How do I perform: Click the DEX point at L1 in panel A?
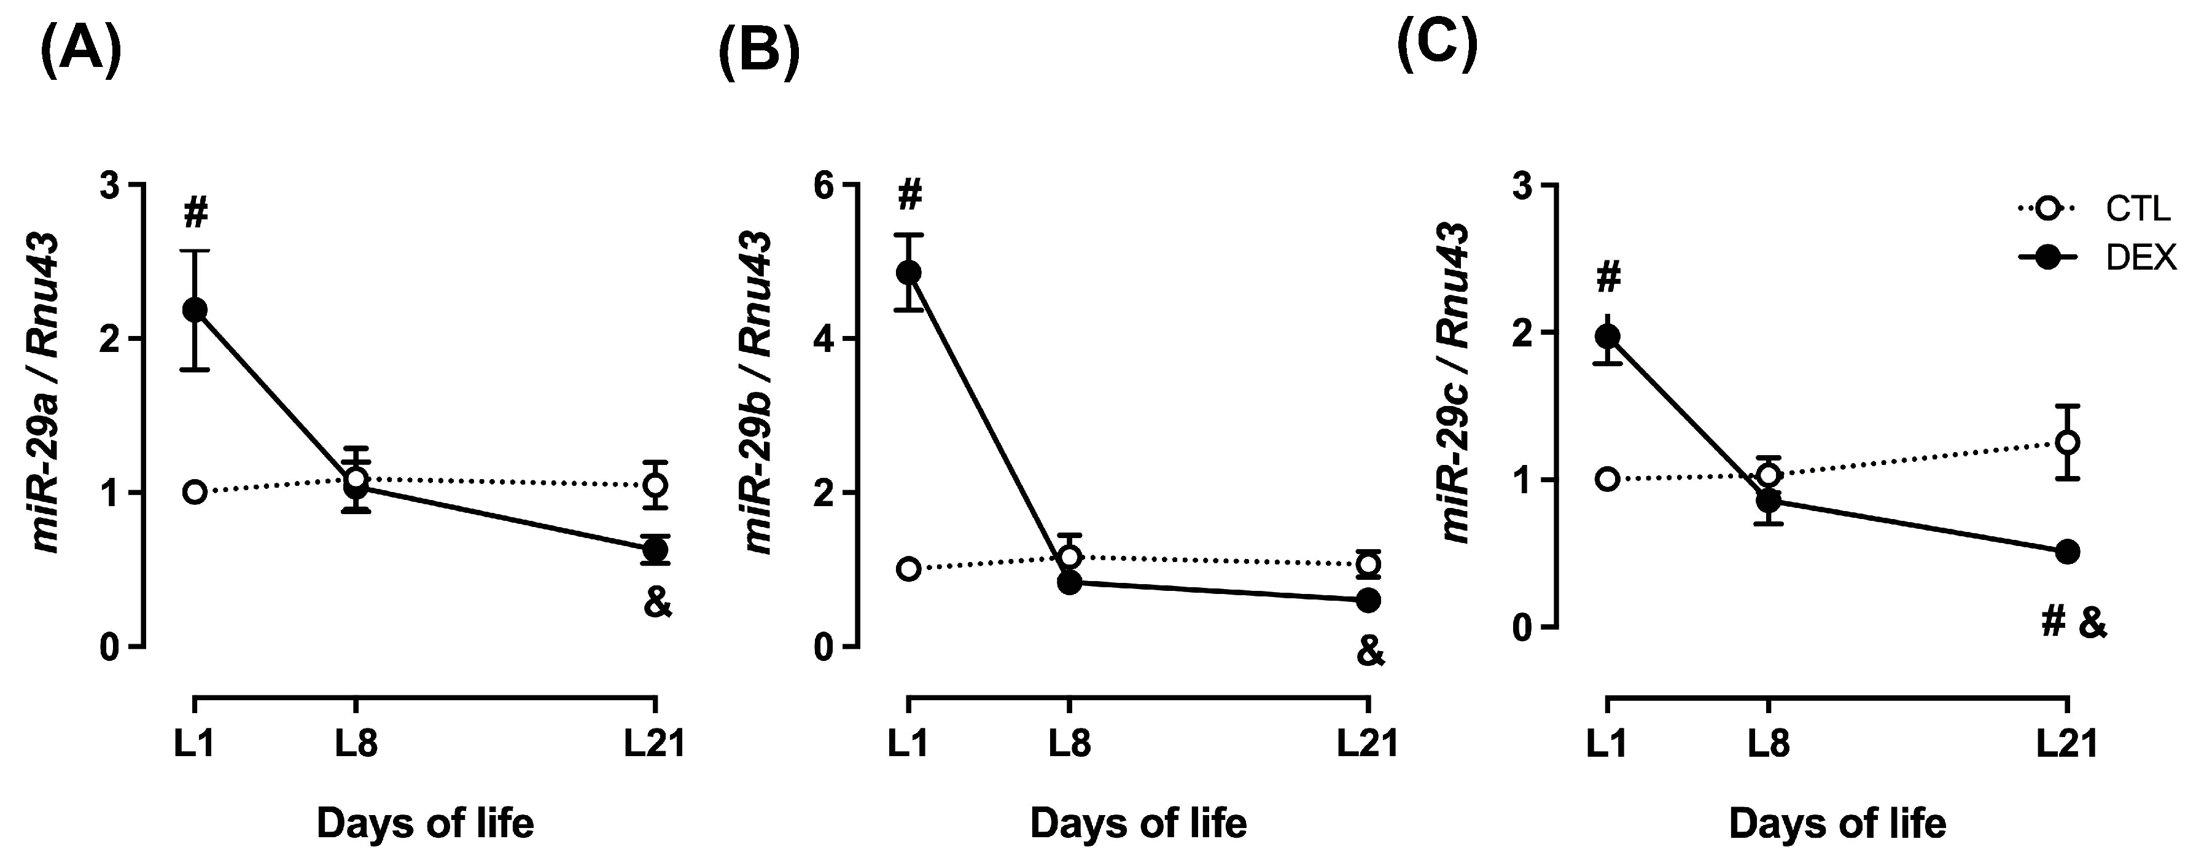[x=195, y=310]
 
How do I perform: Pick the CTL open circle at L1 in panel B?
[x=909, y=569]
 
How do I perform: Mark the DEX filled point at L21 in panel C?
[x=2067, y=552]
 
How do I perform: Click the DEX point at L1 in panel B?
[x=909, y=272]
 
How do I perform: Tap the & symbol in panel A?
[x=657, y=604]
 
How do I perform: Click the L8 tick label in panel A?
[x=356, y=744]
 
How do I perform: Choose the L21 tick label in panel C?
[x=2066, y=744]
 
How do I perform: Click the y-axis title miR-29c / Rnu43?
[x=1456, y=382]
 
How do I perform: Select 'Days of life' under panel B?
[x=1138, y=824]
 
